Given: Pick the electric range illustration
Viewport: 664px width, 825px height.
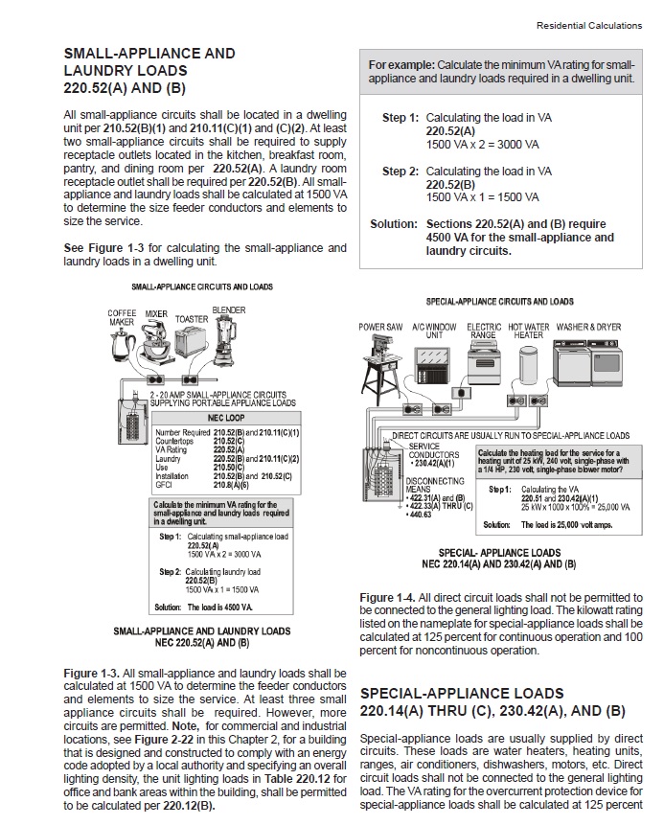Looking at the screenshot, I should (483, 363).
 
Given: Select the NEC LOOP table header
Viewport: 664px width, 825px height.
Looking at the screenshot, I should (225, 419).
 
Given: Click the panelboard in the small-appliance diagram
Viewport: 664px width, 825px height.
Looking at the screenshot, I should (127, 415).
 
